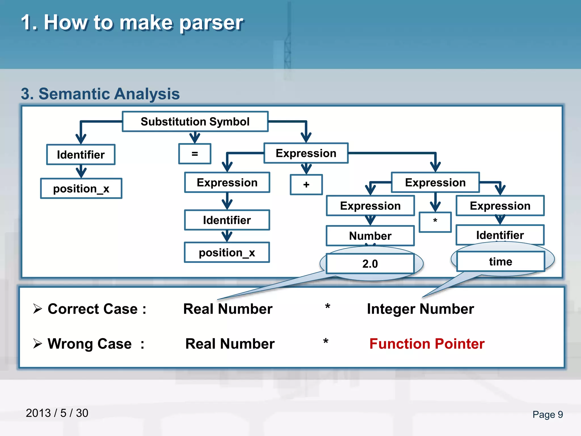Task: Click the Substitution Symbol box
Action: coord(195,121)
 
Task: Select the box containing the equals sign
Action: coord(195,154)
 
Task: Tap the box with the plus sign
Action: coord(306,185)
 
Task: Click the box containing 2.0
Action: coord(370,264)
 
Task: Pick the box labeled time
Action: coord(500,261)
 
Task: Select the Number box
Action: coord(370,236)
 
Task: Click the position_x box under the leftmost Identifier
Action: coord(81,188)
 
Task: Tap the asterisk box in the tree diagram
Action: coord(435,222)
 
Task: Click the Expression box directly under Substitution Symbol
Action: coord(306,153)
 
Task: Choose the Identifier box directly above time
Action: coord(500,235)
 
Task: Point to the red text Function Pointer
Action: coord(427,344)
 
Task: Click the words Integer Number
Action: coord(420,309)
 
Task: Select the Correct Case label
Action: coord(97,309)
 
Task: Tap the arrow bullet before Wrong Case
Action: coord(37,343)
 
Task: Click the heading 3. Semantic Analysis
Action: coord(100,94)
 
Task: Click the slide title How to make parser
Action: coord(132,23)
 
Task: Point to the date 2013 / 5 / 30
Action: coord(57,413)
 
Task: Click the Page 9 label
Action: coord(548,414)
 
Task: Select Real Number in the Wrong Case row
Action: coord(230,344)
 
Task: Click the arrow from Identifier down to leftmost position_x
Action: coord(81,171)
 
